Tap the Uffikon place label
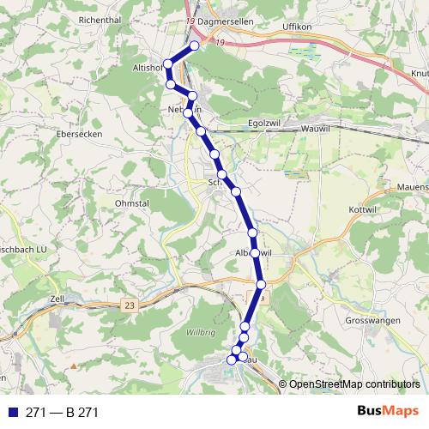coord(299,27)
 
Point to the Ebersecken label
coord(79,134)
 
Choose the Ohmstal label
coord(132,203)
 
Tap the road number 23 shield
coord(129,305)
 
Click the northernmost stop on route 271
coord(195,45)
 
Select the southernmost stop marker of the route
coord(230,360)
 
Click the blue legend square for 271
coord(11,413)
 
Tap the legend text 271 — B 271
coord(62,413)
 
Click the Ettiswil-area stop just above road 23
coord(261,283)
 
